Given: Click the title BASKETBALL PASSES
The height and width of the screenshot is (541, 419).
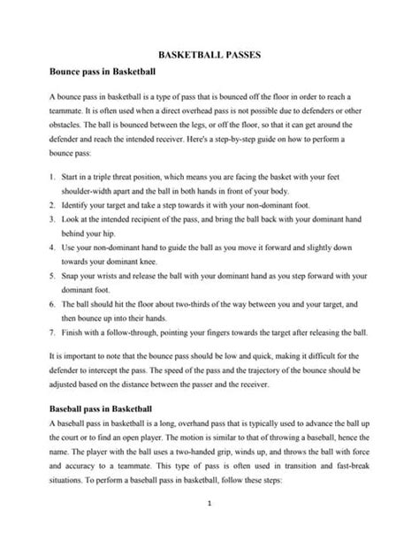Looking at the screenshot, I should pos(209,53).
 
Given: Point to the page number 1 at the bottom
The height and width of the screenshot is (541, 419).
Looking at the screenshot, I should pos(209,505).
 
